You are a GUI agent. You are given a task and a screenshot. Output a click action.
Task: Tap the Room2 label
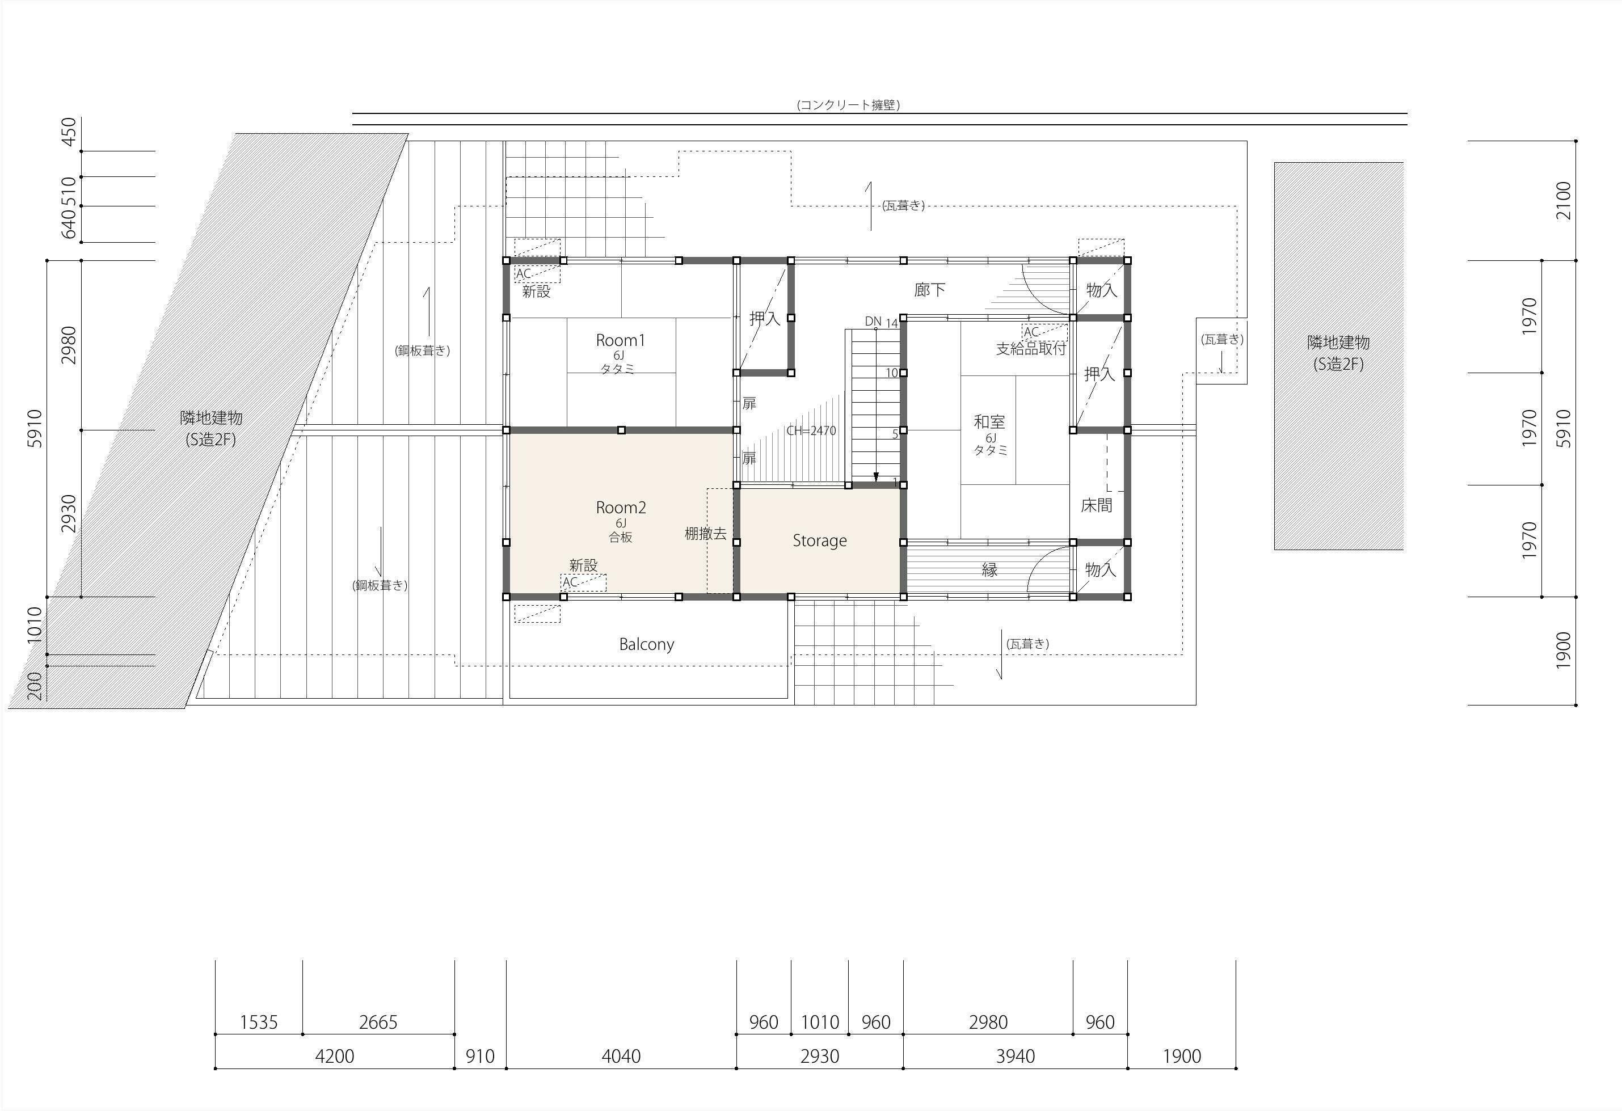click(621, 508)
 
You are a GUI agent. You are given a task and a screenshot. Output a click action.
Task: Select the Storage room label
click(819, 541)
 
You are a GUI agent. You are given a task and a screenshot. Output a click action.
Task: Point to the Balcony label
click(646, 644)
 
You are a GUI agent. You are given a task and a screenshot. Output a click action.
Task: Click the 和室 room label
click(989, 421)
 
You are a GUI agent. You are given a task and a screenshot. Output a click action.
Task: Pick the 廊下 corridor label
click(930, 290)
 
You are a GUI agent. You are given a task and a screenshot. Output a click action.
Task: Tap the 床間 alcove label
click(1097, 505)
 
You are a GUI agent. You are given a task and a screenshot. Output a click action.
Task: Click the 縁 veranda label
click(989, 569)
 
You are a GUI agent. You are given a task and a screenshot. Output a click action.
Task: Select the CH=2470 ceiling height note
click(811, 430)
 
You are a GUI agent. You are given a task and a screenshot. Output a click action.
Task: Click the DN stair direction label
click(873, 321)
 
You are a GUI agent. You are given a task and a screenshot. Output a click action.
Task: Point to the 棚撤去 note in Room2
click(706, 534)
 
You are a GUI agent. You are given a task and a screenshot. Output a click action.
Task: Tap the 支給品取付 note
click(1031, 348)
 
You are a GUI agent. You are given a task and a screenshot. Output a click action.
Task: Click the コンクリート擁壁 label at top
click(848, 105)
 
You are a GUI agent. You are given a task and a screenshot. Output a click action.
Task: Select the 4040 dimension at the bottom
click(621, 1056)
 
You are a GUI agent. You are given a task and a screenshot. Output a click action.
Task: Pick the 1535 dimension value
click(259, 1023)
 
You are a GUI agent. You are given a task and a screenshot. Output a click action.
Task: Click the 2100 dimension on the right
click(1564, 201)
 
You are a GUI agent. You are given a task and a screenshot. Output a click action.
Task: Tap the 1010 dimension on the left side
click(34, 626)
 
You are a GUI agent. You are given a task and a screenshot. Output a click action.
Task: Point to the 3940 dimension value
click(1016, 1056)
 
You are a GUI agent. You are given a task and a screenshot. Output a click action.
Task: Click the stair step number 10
click(892, 373)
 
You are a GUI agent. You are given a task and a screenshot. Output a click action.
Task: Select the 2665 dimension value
click(378, 1023)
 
